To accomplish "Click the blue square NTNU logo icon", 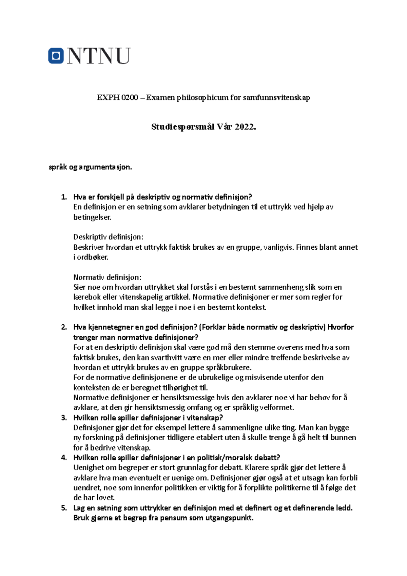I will click(56, 56).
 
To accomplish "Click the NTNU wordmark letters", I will click(99, 56).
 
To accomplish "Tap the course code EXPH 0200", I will click(117, 98).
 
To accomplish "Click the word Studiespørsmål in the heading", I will click(183, 127).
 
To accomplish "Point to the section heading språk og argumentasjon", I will click(90, 167).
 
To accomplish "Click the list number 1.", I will click(63, 197).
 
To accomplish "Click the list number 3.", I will click(63, 418).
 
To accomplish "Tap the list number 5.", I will click(63, 508).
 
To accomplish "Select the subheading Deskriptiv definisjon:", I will click(108, 237).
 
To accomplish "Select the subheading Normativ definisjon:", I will click(107, 277).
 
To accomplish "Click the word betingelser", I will click(92, 217).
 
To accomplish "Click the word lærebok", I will click(85, 297).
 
